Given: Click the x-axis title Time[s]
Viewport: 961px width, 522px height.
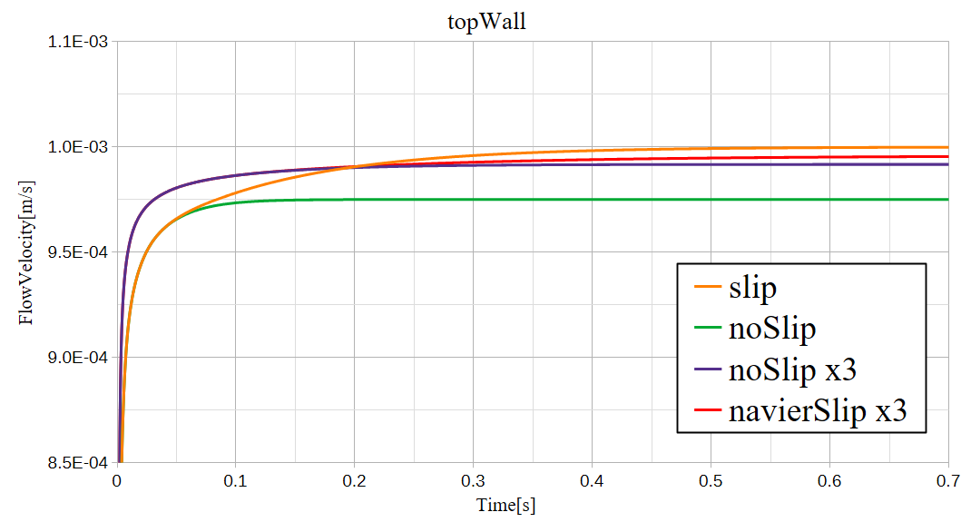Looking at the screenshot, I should tap(505, 506).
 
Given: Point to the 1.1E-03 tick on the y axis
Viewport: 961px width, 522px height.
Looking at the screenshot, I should tap(75, 42).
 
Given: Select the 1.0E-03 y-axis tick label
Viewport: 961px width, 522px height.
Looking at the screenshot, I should tap(75, 147).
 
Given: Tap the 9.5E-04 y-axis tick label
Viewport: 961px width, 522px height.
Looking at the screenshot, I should tap(75, 252).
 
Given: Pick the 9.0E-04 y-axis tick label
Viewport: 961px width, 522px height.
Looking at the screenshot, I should tap(75, 358).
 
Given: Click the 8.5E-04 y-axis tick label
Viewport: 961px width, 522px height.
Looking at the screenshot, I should tap(75, 463).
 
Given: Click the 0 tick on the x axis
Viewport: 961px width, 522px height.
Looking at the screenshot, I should tap(117, 481).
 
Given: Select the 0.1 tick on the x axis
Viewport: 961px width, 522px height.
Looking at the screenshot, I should tap(235, 481).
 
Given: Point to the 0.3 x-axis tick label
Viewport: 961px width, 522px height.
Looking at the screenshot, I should tap(473, 481).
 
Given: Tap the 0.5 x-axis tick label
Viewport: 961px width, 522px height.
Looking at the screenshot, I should tap(711, 481).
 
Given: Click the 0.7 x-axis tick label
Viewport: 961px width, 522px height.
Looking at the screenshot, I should tap(947, 481).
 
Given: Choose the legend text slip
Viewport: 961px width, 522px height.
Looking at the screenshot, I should tap(752, 289).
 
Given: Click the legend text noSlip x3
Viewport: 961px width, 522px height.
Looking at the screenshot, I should tap(792, 370).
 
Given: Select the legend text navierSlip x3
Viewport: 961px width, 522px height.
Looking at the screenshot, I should tap(818, 411).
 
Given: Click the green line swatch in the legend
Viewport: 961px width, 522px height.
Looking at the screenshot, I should tap(707, 330).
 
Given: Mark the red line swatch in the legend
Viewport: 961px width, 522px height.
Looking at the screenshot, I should tap(707, 411).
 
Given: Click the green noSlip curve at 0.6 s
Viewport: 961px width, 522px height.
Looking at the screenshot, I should tap(829, 200).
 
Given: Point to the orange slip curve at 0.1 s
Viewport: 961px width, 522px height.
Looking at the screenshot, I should tap(235, 192).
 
